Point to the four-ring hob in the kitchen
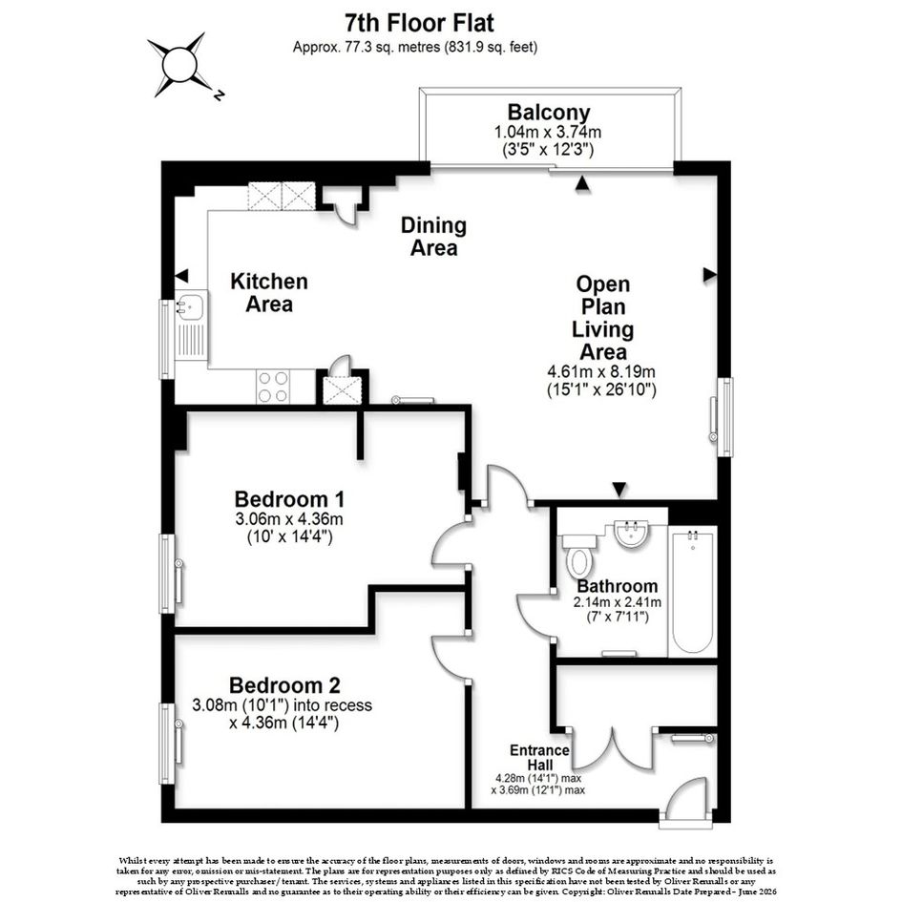[272, 386]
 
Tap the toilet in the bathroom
[578, 556]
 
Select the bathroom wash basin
[632, 535]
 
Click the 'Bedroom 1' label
[290, 499]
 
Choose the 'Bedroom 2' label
[284, 685]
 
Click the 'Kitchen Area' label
[269, 293]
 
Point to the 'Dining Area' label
[433, 237]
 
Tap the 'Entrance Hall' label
[539, 757]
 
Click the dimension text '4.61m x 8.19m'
[601, 371]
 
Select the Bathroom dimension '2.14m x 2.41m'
[617, 603]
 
